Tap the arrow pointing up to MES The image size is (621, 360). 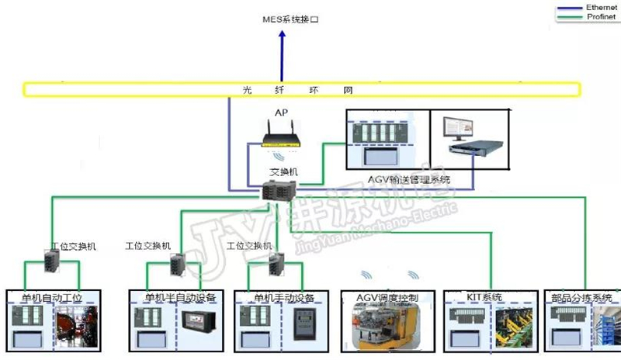[x=283, y=54]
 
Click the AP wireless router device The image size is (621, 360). [x=281, y=140]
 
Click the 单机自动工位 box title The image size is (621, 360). [x=52, y=297]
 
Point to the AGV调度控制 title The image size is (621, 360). [x=387, y=297]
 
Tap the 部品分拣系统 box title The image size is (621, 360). [x=581, y=297]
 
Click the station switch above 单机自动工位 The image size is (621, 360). [x=51, y=262]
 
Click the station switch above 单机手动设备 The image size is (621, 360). [x=277, y=265]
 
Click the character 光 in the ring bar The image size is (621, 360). [x=248, y=89]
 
